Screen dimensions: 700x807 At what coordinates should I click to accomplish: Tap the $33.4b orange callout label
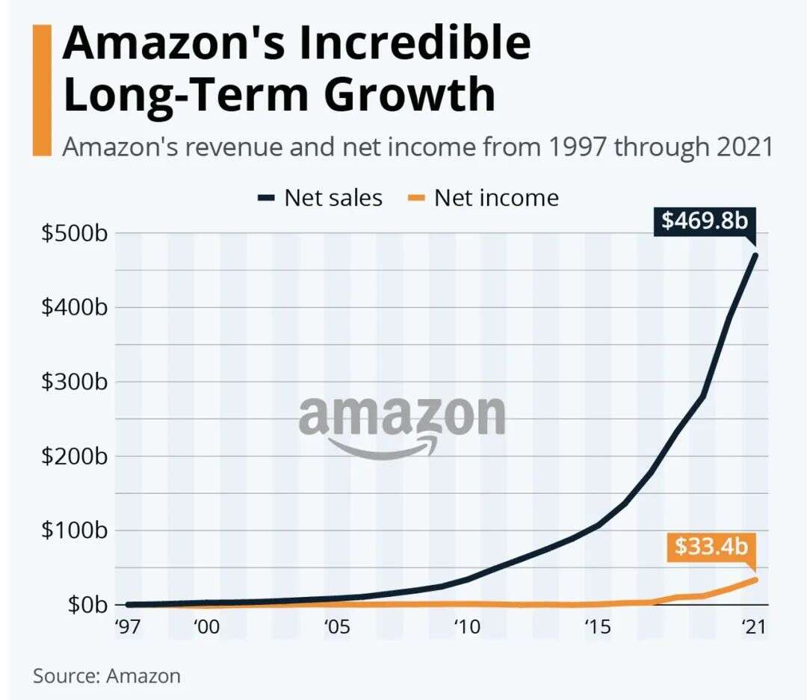711,546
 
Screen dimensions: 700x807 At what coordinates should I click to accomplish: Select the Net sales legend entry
320,198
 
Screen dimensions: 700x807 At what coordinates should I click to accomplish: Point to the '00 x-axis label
206,627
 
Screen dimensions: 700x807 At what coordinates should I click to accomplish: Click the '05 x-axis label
337,627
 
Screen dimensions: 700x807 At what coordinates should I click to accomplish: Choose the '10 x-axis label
467,627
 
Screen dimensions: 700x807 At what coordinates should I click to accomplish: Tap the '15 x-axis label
597,627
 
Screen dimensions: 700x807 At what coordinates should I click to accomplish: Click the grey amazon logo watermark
402,424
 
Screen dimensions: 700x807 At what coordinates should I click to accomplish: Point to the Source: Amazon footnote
107,676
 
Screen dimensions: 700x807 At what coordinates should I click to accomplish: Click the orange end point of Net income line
755,579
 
